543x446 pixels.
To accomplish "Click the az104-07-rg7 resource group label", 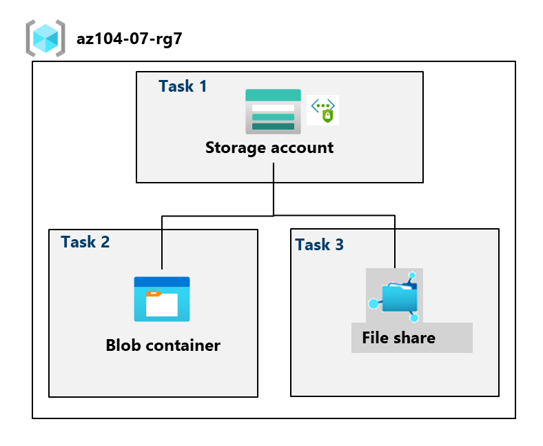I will pos(130,39).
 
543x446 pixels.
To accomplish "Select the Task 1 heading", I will pos(183,86).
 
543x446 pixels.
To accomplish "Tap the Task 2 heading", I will pos(85,242).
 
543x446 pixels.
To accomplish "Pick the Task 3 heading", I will pos(319,245).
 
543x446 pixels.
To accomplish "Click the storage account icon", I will pos(273,110).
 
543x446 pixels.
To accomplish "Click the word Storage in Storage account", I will pos(234,148).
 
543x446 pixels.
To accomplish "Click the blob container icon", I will pos(162,299).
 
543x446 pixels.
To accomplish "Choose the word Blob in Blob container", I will pos(123,345).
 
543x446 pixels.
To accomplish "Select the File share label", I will pos(398,338).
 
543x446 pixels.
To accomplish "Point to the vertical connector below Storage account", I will pos(274,190).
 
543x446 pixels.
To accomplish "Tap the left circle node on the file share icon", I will pos(373,303).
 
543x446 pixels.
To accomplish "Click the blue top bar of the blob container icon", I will pos(162,281).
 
